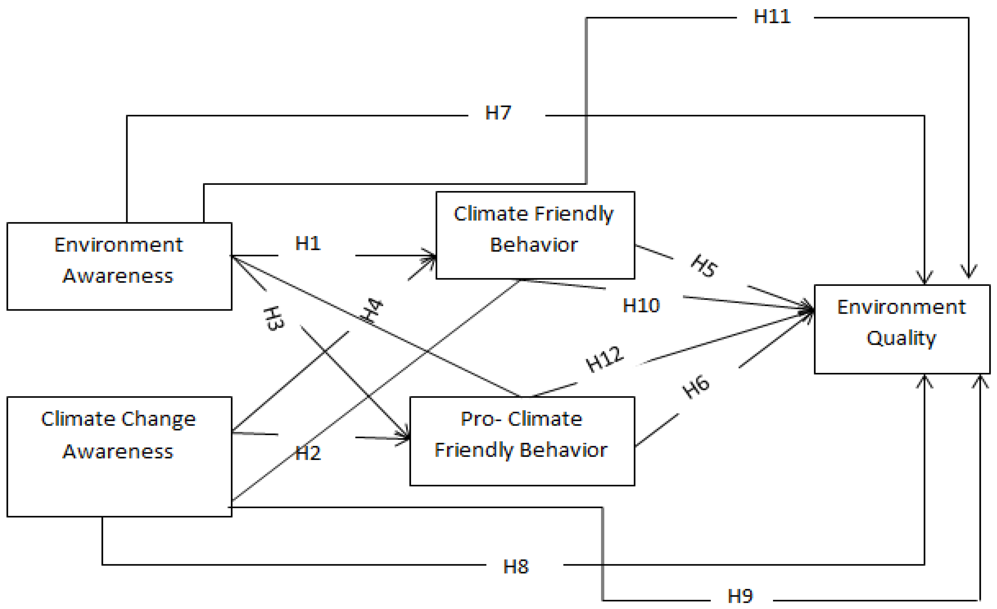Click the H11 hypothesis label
(772, 17)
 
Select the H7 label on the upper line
(498, 113)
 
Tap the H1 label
(308, 244)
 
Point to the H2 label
(308, 453)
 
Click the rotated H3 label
(274, 319)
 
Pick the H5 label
(704, 266)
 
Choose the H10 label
(641, 305)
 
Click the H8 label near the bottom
(516, 567)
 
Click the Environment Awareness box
(119, 267)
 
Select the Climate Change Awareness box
(119, 457)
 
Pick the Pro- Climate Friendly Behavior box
(522, 441)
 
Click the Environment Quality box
(902, 329)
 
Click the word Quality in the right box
(901, 338)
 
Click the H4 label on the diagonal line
(372, 310)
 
